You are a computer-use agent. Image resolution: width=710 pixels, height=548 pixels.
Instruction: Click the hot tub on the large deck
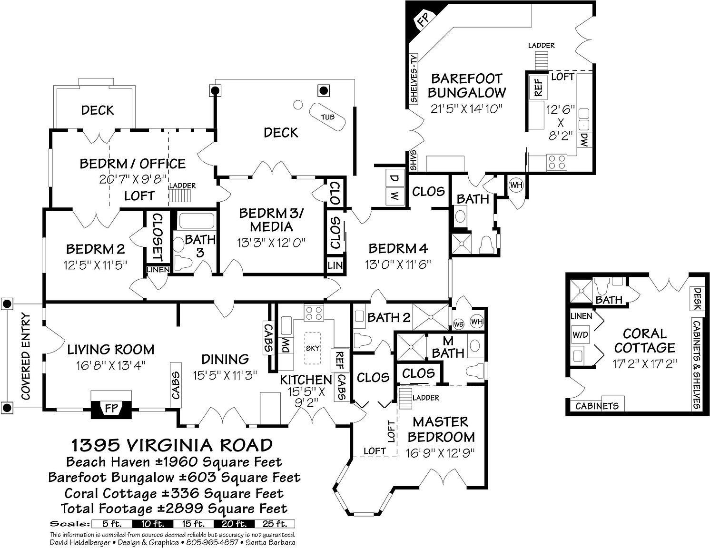327,117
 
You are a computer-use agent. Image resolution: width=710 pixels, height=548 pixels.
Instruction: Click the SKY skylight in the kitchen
313,348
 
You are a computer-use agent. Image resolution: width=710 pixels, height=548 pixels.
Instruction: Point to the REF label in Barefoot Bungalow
538,87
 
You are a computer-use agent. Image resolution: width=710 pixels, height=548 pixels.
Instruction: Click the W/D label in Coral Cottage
580,335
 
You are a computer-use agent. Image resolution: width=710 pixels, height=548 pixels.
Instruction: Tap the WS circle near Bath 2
459,324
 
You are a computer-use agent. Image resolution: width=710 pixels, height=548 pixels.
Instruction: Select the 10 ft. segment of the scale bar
153,524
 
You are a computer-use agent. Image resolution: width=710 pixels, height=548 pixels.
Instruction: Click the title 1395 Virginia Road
172,445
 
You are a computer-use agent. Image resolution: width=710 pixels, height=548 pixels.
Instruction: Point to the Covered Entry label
26,357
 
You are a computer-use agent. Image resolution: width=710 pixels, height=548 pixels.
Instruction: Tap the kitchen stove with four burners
314,313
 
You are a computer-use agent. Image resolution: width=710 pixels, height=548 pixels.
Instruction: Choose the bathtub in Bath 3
197,221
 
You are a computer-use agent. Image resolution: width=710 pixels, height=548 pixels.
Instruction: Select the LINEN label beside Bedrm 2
158,270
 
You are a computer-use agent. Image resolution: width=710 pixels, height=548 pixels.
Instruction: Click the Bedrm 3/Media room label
271,220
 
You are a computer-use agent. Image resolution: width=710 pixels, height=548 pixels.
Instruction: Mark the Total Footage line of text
174,509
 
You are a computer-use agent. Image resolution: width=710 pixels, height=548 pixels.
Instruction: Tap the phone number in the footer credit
212,542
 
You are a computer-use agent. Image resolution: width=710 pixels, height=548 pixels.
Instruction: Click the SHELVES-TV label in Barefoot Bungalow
414,78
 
